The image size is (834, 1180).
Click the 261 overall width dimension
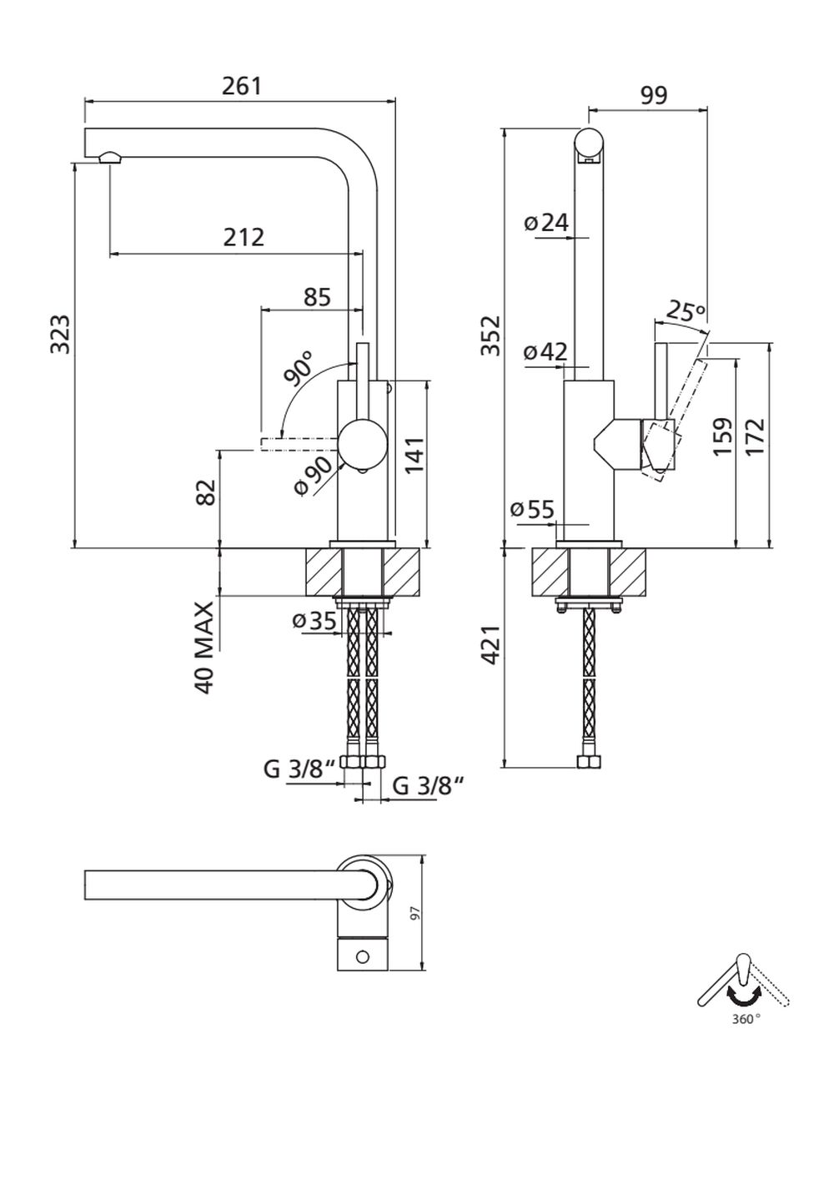[242, 86]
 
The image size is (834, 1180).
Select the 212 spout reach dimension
[244, 237]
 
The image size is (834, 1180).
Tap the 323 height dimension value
[60, 334]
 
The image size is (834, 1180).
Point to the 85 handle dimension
[317, 296]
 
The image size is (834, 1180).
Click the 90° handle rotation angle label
[299, 367]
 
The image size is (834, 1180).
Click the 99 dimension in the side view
[654, 95]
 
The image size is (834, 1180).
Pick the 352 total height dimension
[492, 335]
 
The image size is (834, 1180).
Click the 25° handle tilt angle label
[686, 313]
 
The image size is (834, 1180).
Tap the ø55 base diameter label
[532, 508]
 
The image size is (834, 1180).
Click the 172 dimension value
[756, 436]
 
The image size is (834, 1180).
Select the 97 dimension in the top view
[414, 914]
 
